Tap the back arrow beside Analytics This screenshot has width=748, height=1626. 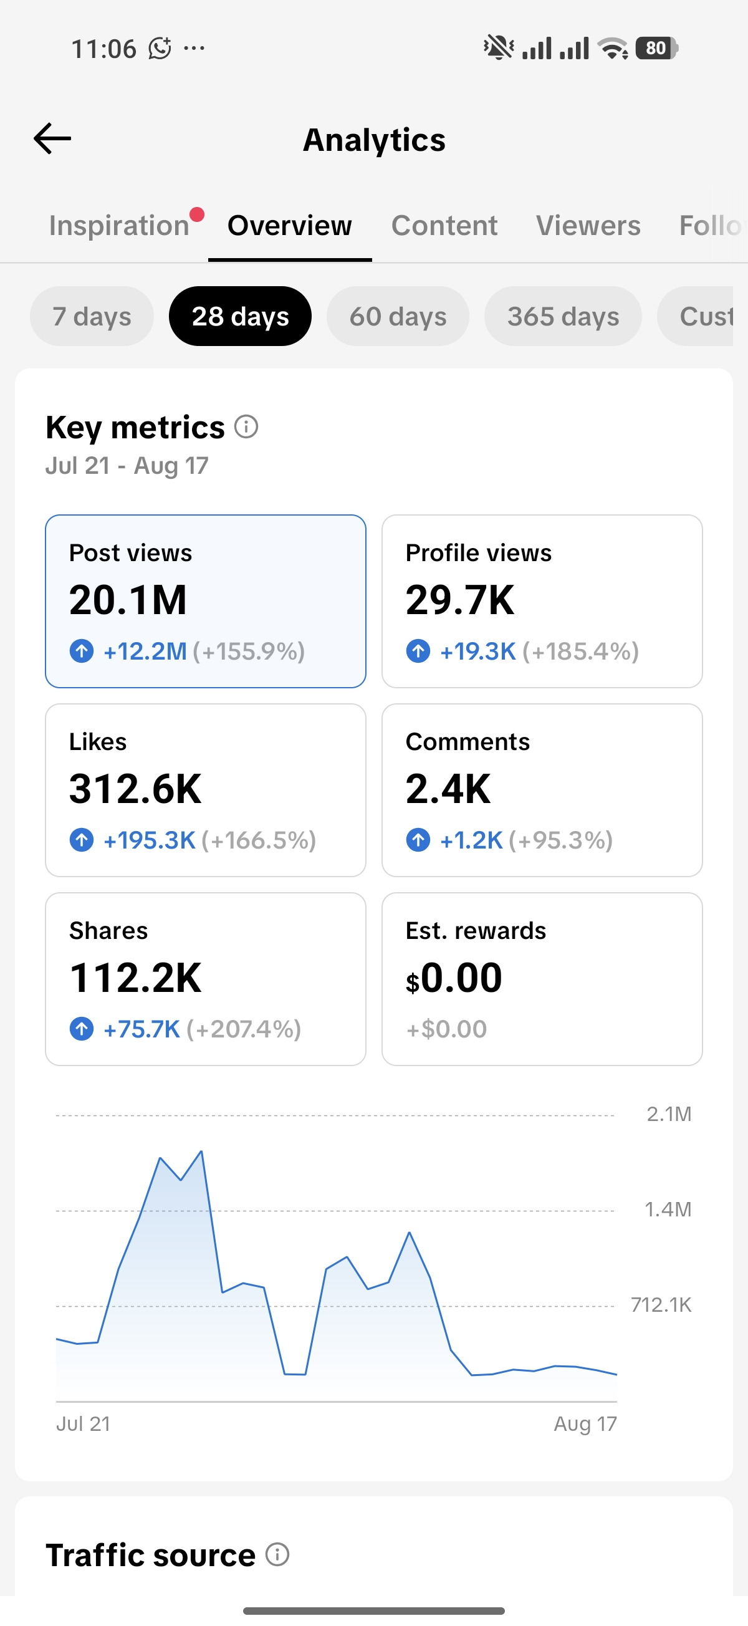click(x=52, y=138)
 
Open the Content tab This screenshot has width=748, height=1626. click(x=444, y=225)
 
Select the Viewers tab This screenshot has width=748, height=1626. click(x=588, y=225)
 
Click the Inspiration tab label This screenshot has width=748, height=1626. click(x=119, y=225)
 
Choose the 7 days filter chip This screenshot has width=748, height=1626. click(x=92, y=316)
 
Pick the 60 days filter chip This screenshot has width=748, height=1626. click(x=398, y=316)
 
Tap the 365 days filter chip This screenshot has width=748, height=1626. click(x=563, y=316)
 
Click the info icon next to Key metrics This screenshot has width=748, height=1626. click(x=246, y=426)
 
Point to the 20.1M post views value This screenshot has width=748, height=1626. click(x=128, y=600)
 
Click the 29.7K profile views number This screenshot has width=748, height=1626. click(x=460, y=600)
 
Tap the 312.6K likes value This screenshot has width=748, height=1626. click(x=135, y=789)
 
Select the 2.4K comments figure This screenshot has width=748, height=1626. click(x=448, y=789)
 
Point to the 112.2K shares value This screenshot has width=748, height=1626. click(x=135, y=978)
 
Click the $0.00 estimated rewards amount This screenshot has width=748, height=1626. click(x=454, y=978)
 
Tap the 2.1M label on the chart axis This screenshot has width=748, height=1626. click(x=669, y=1114)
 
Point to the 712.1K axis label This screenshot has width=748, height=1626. click(x=661, y=1305)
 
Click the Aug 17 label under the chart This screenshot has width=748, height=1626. click(x=585, y=1424)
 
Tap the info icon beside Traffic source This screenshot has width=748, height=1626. click(x=277, y=1554)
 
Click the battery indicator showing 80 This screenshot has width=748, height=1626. click(x=656, y=48)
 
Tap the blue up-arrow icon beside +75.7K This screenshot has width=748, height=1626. click(x=82, y=1029)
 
